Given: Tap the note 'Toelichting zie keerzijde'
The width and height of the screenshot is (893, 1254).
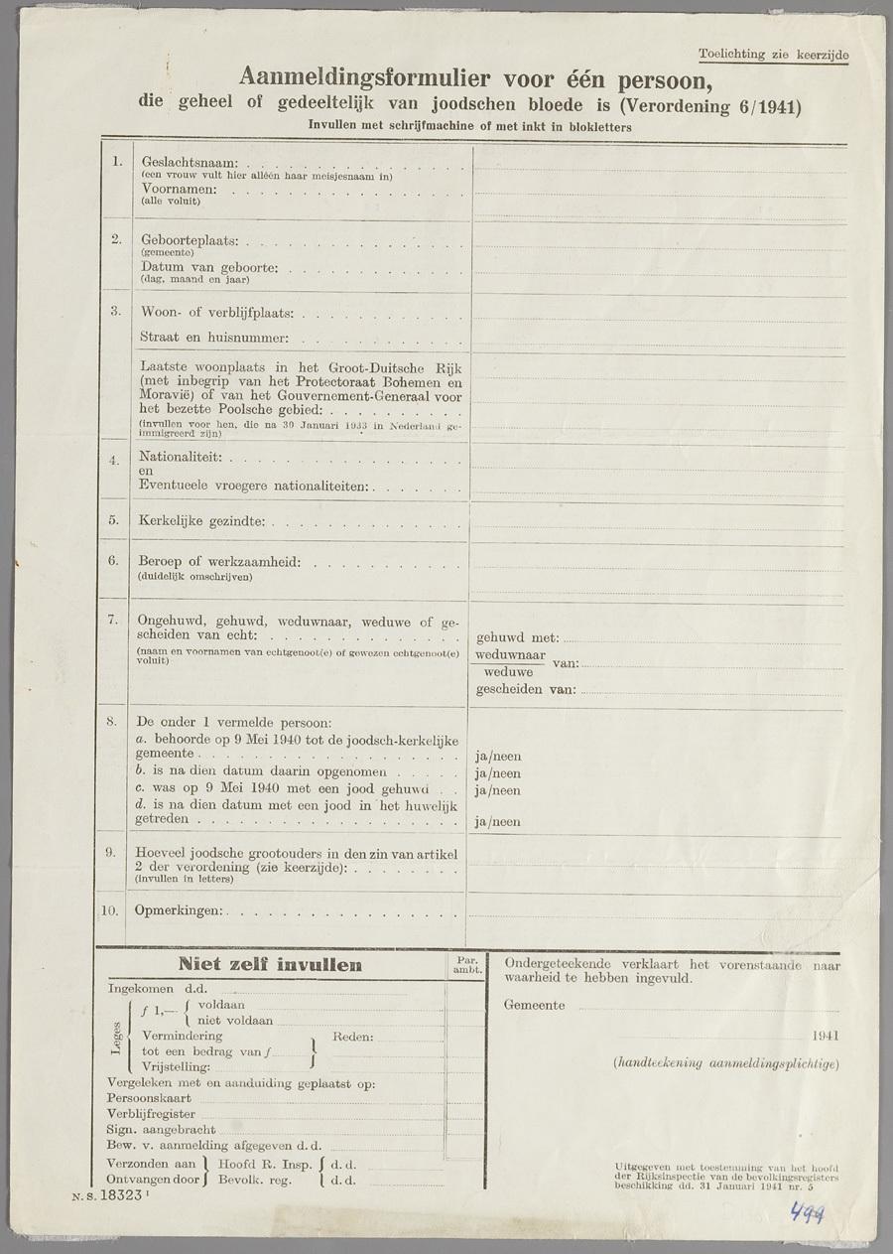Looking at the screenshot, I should coord(773,55).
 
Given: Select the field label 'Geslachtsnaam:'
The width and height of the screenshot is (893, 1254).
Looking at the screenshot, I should coord(190,162).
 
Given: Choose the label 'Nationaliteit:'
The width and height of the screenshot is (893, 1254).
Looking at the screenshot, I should coord(183,458).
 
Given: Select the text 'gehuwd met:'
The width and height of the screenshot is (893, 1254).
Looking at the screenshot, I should coord(518,638).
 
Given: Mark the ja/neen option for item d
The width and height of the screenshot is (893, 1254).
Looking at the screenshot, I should coord(498,822).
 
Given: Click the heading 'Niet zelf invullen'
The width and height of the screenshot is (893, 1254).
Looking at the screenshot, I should coord(270,965).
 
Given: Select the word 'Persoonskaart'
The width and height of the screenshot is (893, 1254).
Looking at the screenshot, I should coord(149,1098).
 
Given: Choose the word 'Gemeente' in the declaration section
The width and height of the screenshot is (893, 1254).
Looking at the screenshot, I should coord(534,1005).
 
